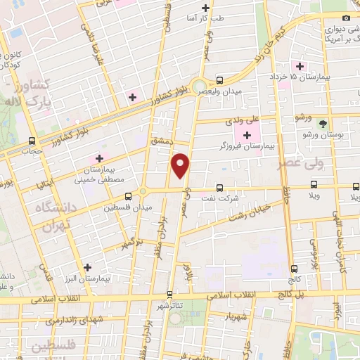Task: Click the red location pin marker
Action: (x=181, y=165)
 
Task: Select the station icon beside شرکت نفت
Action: (x=220, y=188)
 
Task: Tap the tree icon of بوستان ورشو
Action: (x=323, y=123)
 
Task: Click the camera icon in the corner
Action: (x=345, y=18)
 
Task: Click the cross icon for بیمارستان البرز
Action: (x=87, y=267)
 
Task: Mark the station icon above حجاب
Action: (x=31, y=141)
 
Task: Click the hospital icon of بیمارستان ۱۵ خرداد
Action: (x=300, y=65)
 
